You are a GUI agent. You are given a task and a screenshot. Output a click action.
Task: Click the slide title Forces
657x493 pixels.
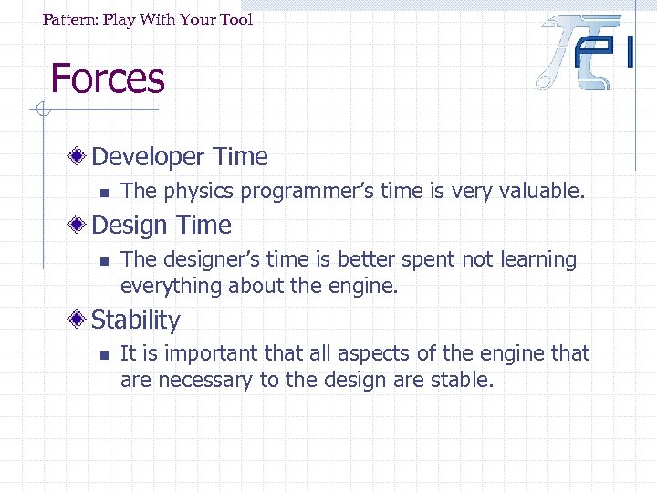point(108,79)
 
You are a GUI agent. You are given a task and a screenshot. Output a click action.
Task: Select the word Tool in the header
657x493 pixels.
point(235,19)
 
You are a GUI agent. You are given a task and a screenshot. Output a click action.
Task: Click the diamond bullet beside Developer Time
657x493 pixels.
point(80,156)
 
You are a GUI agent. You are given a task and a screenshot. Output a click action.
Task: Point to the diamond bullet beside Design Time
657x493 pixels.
point(80,225)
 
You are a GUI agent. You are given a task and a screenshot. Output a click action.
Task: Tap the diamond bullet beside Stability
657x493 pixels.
point(80,320)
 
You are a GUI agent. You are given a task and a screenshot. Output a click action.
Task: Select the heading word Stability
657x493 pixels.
point(136,320)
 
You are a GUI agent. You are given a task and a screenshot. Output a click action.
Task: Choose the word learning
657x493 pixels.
point(539,260)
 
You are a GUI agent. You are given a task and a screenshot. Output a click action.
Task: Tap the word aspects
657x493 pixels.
point(348,354)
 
